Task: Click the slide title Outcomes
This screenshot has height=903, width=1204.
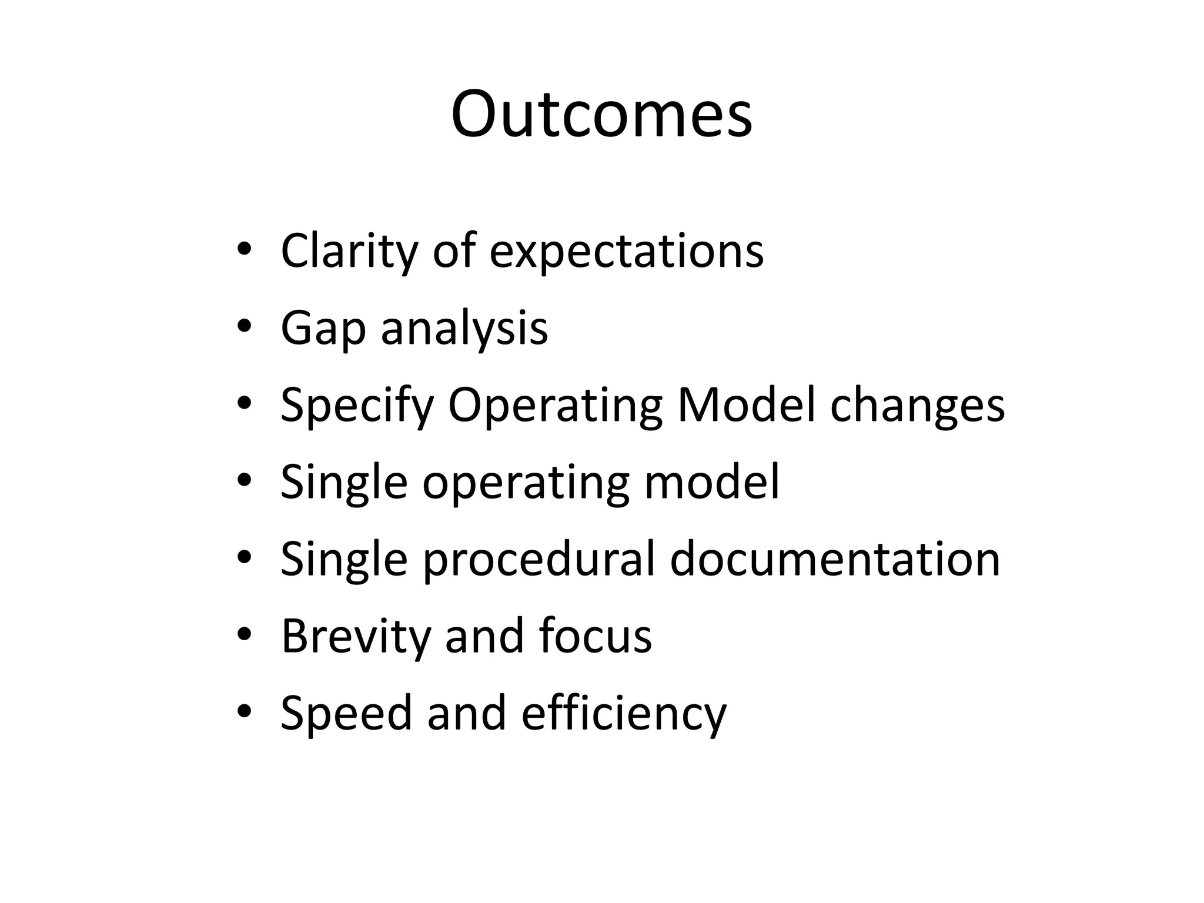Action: point(601,114)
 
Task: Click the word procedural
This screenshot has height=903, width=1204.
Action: point(539,560)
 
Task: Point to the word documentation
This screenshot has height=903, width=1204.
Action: point(835,558)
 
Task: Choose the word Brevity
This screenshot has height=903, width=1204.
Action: point(356,636)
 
